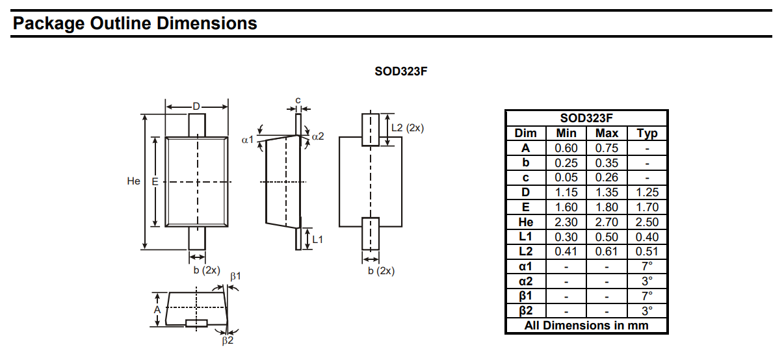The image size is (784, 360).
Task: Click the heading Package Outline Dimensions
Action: pyautogui.click(x=135, y=24)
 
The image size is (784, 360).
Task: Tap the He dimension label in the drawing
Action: pyautogui.click(x=134, y=181)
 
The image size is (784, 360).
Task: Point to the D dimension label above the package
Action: pyautogui.click(x=196, y=107)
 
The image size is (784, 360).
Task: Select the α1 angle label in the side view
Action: pyautogui.click(x=247, y=139)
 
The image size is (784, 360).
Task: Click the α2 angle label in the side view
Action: pyautogui.click(x=317, y=136)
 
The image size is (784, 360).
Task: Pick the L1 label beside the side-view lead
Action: pyautogui.click(x=318, y=239)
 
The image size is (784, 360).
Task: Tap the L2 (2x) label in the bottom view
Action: pyautogui.click(x=407, y=128)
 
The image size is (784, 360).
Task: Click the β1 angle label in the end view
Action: pyautogui.click(x=236, y=276)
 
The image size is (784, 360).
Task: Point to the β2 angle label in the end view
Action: pyautogui.click(x=227, y=340)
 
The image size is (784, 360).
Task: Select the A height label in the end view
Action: pyautogui.click(x=157, y=310)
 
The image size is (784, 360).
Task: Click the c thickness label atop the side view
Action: pyautogui.click(x=298, y=100)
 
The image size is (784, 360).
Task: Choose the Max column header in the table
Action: pyautogui.click(x=607, y=133)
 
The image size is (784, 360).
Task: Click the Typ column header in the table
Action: pyautogui.click(x=647, y=133)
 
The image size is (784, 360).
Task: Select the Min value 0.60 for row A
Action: pyautogui.click(x=566, y=148)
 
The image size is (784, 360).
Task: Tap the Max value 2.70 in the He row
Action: pyautogui.click(x=607, y=222)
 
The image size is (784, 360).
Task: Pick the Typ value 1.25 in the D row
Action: pyautogui.click(x=647, y=192)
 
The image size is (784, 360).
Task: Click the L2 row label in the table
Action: pyautogui.click(x=525, y=251)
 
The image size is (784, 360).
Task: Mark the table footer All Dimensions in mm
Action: pyautogui.click(x=586, y=326)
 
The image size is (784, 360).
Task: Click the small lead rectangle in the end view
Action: pyautogui.click(x=196, y=323)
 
